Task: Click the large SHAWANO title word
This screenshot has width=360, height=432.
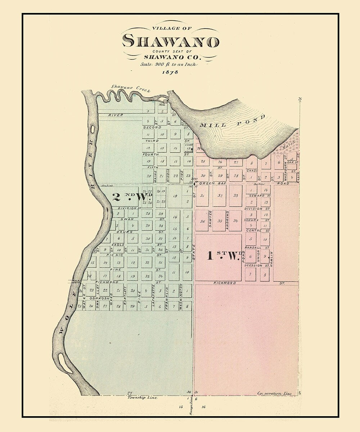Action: [x=170, y=41]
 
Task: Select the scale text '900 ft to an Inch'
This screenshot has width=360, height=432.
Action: [x=169, y=64]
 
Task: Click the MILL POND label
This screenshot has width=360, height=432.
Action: [x=233, y=121]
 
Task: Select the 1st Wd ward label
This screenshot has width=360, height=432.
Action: [x=224, y=256]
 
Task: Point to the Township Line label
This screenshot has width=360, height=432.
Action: [x=140, y=398]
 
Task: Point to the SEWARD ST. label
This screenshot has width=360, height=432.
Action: [x=259, y=195]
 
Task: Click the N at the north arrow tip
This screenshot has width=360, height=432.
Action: [x=300, y=99]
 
